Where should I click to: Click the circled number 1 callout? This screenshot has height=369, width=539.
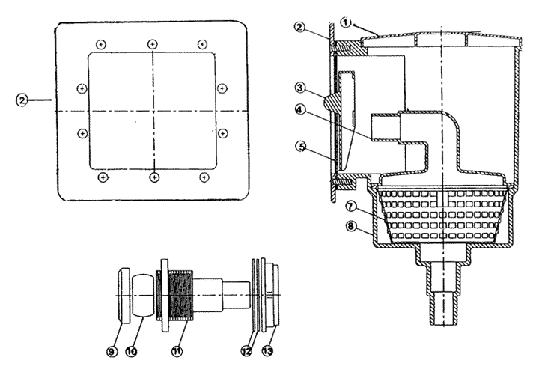(346, 22)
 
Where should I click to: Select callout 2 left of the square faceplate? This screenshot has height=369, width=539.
(22, 100)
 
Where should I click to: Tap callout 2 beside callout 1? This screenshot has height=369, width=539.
(299, 26)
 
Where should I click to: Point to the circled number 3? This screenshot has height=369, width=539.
(299, 88)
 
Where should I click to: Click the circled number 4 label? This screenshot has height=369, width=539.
(300, 110)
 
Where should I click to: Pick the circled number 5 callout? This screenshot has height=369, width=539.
(301, 147)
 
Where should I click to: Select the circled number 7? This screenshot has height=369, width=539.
(350, 207)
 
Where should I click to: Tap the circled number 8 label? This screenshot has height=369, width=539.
(350, 227)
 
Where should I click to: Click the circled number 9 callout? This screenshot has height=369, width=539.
(112, 351)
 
